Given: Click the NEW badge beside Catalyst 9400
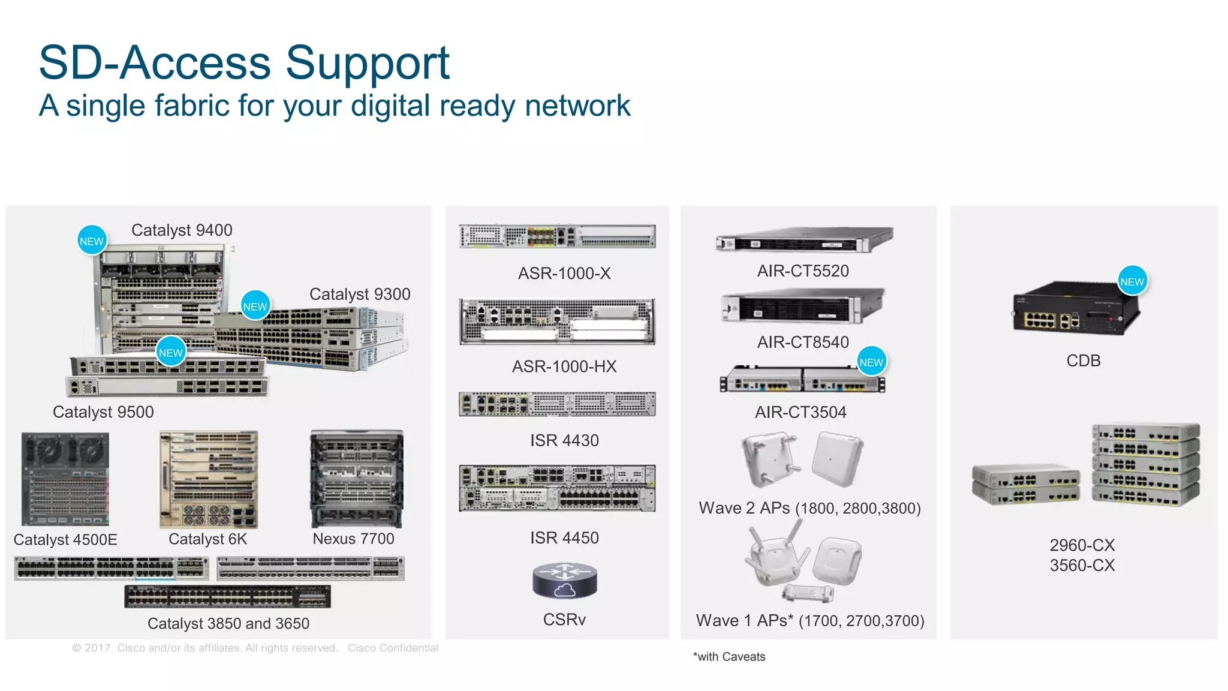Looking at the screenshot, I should [92, 241].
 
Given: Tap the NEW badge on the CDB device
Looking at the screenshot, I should [1132, 281].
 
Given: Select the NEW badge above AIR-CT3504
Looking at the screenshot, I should [871, 362].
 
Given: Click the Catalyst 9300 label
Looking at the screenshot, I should [360, 295].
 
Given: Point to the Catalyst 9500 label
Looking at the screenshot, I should [103, 412].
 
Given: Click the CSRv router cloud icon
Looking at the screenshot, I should [564, 581].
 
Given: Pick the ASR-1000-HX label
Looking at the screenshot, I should [564, 366].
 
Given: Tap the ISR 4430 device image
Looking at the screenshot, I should [557, 404].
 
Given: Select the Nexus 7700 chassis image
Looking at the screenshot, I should [357, 479].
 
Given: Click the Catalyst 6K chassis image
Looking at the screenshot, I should [209, 479].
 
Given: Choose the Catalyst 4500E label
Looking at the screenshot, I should [65, 540].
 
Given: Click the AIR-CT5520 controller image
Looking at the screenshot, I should [804, 240].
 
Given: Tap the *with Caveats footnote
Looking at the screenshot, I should [729, 657].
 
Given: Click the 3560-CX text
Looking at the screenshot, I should [1082, 566].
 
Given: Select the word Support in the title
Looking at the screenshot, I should [367, 62].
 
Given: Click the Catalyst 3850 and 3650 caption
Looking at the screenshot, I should [228, 624].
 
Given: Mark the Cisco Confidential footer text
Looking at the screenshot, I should [393, 648].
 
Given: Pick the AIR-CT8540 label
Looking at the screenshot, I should [803, 343].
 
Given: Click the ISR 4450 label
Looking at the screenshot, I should [564, 538].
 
